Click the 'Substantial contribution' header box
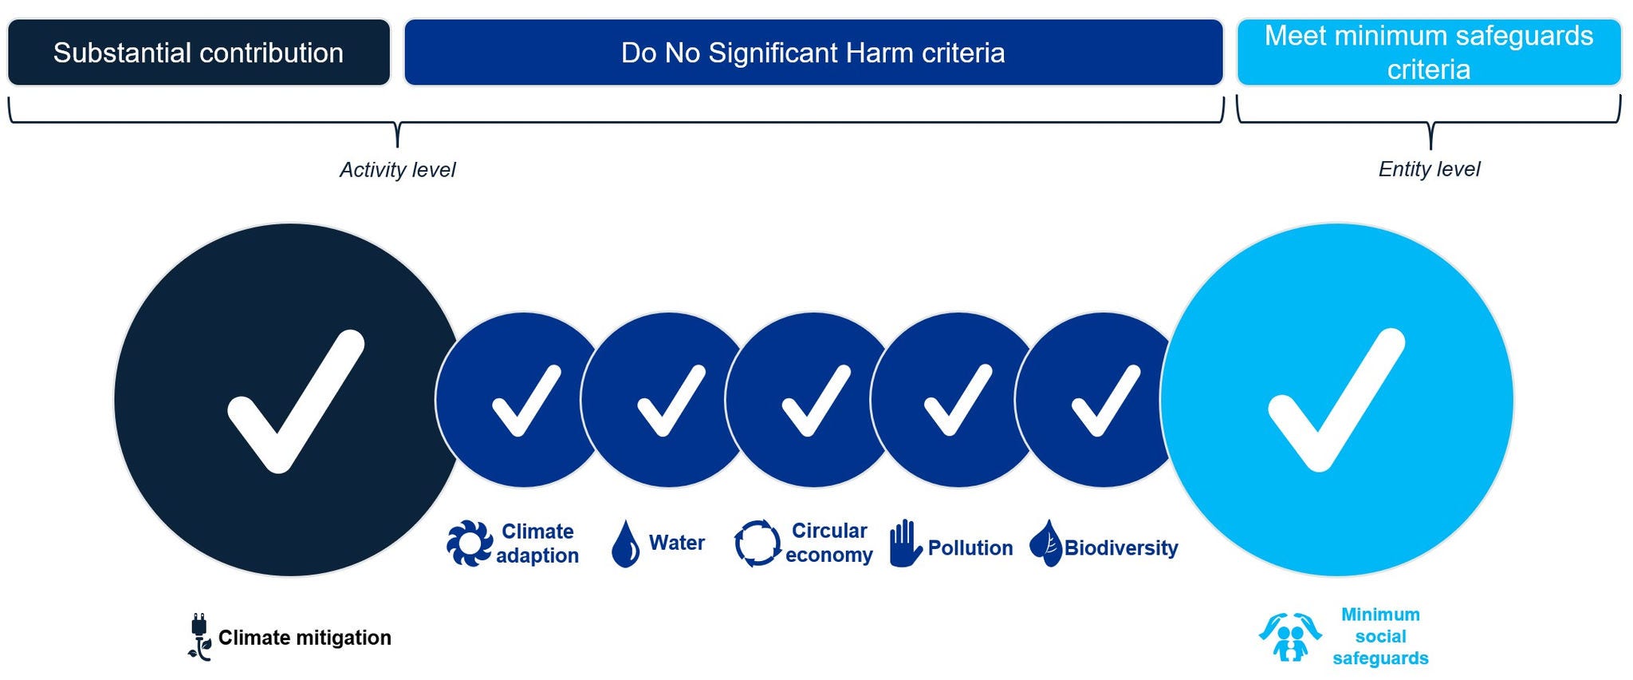pos(199,53)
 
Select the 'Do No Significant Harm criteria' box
pos(813,53)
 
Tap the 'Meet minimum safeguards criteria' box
pos(1429,53)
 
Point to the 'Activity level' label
pos(397,170)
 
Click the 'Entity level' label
pos(1429,169)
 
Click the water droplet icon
pos(625,544)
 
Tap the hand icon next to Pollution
pos(905,544)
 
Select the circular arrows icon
pos(757,544)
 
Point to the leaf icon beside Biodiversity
pos(1045,544)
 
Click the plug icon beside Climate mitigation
pos(199,638)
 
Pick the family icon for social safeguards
pos(1290,637)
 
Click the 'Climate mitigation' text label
pos(305,638)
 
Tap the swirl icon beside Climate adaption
pos(470,544)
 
